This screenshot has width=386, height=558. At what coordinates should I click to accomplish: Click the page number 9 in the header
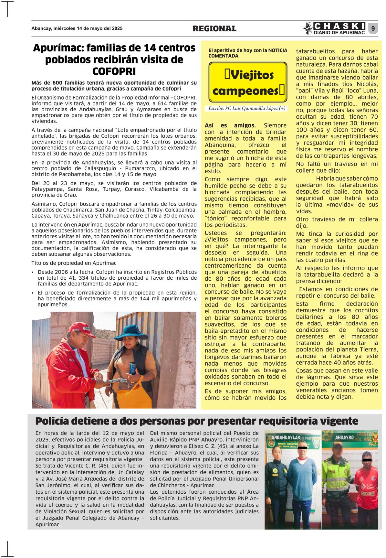pyautogui.click(x=373, y=29)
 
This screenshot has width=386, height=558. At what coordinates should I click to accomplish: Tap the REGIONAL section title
pyautogui.click(x=214, y=29)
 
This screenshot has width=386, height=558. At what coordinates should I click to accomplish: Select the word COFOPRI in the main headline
pyautogui.click(x=114, y=71)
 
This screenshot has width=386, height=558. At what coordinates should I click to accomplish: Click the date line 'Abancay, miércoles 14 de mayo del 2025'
pyautogui.click(x=77, y=28)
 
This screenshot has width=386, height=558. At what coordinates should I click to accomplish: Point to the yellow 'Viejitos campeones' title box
pyautogui.click(x=248, y=82)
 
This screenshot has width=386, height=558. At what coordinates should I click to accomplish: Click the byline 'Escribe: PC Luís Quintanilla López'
pyautogui.click(x=247, y=108)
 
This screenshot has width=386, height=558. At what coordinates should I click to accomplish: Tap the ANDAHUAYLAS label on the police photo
pyautogui.click(x=286, y=437)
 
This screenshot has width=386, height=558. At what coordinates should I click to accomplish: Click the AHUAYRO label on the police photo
pyautogui.click(x=344, y=437)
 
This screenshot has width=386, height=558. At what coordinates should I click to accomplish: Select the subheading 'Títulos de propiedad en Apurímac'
pyautogui.click(x=74, y=263)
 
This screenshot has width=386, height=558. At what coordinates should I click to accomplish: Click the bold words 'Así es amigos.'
pyautogui.click(x=230, y=125)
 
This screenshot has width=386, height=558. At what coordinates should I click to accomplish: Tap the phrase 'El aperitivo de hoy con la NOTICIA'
pyautogui.click(x=248, y=50)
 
